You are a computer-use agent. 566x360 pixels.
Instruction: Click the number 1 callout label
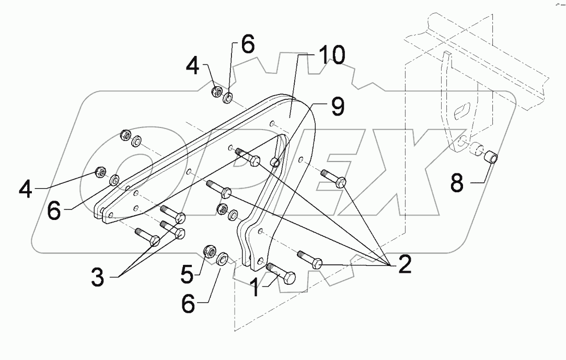click(x=256, y=287)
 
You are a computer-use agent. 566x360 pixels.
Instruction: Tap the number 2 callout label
click(x=403, y=265)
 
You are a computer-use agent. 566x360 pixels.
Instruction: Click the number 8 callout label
click(x=457, y=182)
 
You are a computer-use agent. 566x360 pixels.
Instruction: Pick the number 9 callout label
click(x=337, y=108)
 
